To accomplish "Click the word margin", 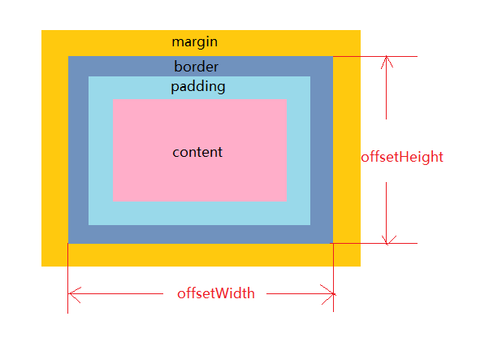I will click(195, 41).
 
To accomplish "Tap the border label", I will click(196, 67).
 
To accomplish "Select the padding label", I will click(198, 86).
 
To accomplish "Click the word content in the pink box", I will click(197, 152).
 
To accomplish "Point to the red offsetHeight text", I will click(402, 157).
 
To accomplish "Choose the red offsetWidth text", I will click(216, 293).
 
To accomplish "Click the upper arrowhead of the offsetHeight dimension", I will click(387, 61).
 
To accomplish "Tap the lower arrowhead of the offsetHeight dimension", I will click(387, 238).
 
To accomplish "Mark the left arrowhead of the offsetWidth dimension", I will click(73, 293).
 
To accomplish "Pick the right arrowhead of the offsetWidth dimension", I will click(329, 293).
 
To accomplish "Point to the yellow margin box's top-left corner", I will click(42, 31).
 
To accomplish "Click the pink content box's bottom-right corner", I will click(287, 199).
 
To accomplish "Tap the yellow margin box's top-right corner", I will click(359, 31).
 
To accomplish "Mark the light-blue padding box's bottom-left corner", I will click(89, 223).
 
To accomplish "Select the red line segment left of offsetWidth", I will click(122, 293).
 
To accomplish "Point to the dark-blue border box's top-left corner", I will click(69, 58).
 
